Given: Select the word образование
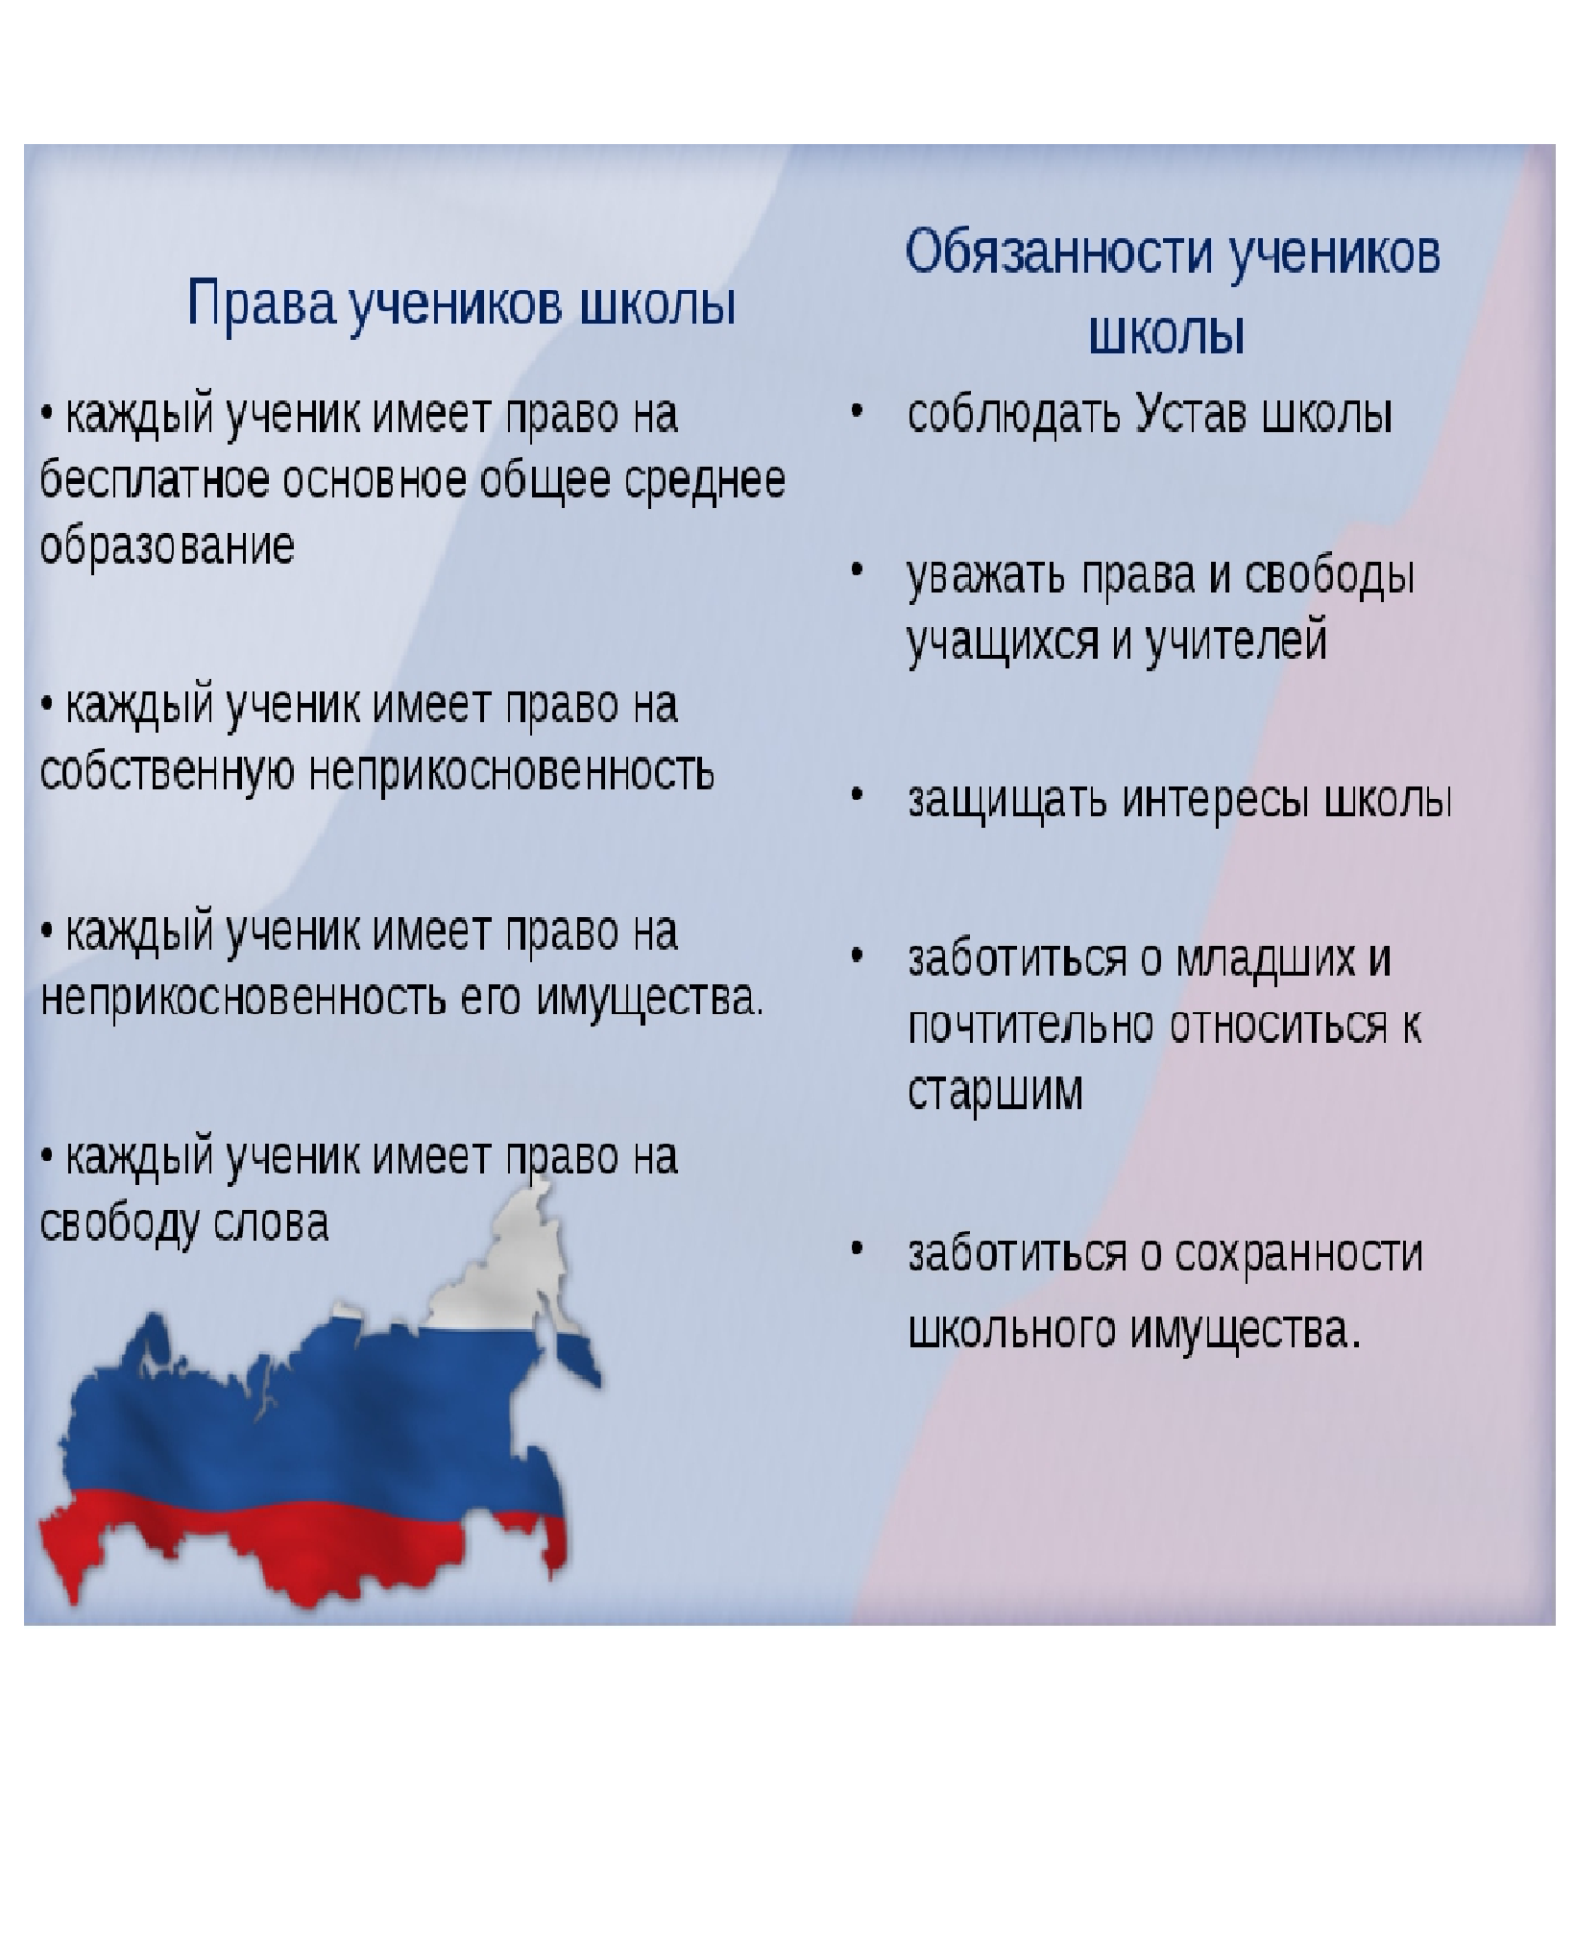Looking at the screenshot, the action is pyautogui.click(x=167, y=547).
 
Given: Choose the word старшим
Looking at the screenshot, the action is pyautogui.click(x=995, y=1092).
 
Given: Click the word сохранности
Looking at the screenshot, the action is pyautogui.click(x=1298, y=1253).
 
